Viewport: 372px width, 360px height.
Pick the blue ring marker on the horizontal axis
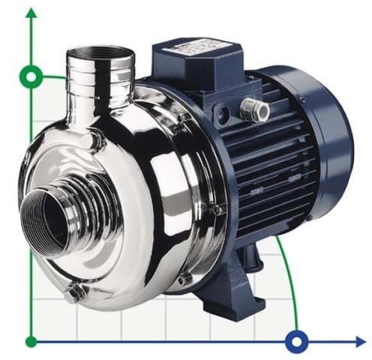point(297,342)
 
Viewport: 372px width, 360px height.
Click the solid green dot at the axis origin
point(31,342)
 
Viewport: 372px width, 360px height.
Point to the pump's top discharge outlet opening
point(98,53)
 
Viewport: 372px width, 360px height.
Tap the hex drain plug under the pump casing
point(73,294)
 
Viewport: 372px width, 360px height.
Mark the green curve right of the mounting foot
point(289,277)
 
